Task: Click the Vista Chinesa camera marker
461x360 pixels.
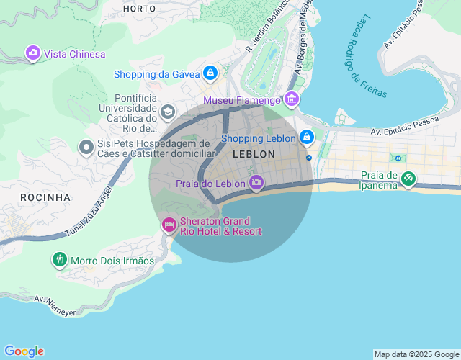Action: coord(32,53)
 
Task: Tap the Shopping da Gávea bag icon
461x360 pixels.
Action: coord(210,73)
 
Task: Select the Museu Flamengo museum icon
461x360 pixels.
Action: coord(291,99)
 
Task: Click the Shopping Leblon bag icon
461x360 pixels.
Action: coord(307,137)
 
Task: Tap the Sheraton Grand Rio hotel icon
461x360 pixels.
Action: coord(169,225)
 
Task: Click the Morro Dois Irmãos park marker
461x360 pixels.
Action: coord(59,259)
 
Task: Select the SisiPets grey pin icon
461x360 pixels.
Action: coord(86,148)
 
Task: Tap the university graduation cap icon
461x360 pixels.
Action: coord(168,112)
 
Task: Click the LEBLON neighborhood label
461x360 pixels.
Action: coord(254,154)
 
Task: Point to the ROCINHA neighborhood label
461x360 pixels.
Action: coord(45,197)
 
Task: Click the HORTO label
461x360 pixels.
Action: coord(139,9)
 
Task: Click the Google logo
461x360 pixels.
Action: coord(24,351)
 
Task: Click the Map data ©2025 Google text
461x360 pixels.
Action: coord(416,354)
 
